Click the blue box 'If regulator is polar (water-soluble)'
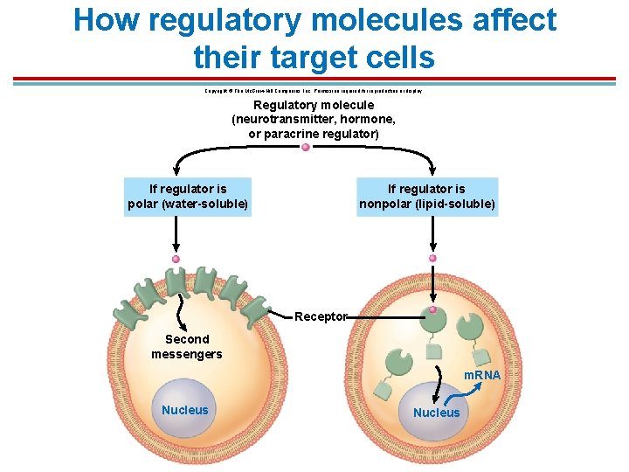[x=188, y=197]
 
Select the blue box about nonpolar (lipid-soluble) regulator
[x=427, y=197]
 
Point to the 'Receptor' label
[x=321, y=316]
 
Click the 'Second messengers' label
[x=187, y=346]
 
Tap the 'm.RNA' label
[x=481, y=375]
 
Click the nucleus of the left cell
[x=185, y=410]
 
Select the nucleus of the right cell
[x=436, y=412]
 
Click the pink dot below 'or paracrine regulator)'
[x=306, y=148]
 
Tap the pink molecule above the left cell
[x=176, y=260]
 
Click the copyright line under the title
[x=314, y=90]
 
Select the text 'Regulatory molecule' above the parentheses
[x=314, y=105]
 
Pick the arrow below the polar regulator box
[x=176, y=234]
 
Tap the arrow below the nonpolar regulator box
[x=432, y=232]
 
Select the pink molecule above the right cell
[x=432, y=259]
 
